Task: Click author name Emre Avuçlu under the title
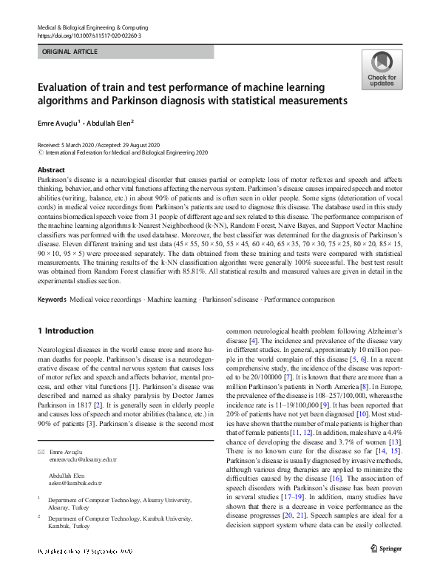(61, 123)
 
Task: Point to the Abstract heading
(51, 169)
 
